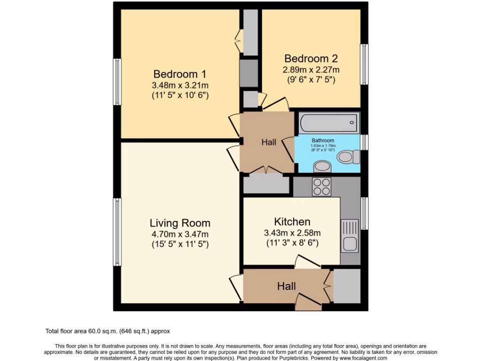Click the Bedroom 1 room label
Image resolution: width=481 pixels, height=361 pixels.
[x=180, y=74]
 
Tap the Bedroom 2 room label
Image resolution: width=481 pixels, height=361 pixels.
[x=311, y=59]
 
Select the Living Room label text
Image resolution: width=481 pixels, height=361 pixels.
[x=180, y=223]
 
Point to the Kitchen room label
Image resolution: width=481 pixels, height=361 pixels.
[x=292, y=222]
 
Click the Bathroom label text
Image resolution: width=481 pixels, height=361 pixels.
[x=323, y=141]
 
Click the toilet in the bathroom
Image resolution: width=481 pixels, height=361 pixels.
[x=349, y=157]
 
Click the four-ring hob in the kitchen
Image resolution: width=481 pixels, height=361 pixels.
[x=322, y=187]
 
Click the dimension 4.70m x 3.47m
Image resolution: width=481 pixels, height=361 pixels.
[x=180, y=235]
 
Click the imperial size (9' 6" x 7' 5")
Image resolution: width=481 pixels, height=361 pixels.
[x=311, y=80]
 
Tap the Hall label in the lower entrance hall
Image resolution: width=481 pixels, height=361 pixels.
[x=287, y=286]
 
